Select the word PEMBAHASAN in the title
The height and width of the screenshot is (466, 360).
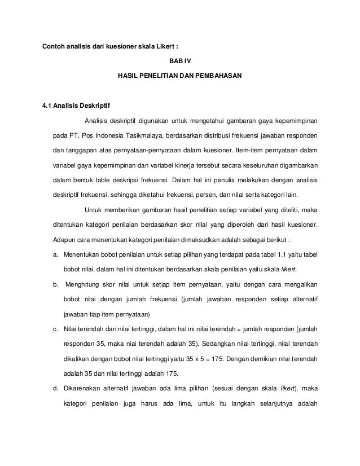[216, 75]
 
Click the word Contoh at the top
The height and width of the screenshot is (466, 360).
[54, 45]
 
